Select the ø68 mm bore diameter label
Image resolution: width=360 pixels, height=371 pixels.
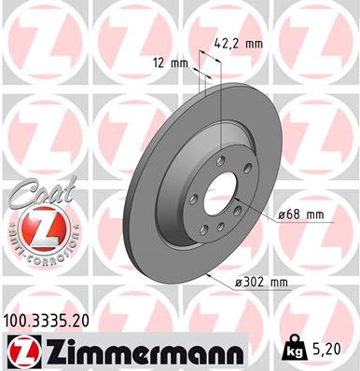(x=300, y=214)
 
